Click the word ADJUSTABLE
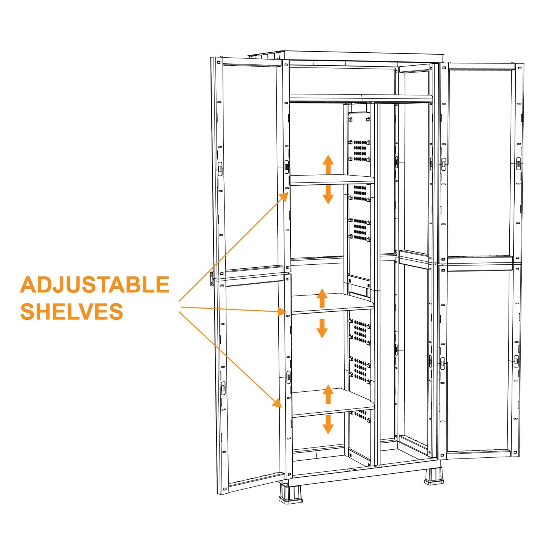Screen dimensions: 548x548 (94, 285)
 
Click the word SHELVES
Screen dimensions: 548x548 (72, 312)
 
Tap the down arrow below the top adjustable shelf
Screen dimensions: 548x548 (328, 195)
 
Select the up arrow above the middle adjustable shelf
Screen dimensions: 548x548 (322, 298)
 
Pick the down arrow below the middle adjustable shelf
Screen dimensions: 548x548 (322, 328)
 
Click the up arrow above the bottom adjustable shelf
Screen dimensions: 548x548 (328, 394)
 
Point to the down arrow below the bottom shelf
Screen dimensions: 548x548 (328, 424)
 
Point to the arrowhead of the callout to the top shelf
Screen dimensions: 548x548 (284, 196)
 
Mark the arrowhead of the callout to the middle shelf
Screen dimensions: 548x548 (281, 311)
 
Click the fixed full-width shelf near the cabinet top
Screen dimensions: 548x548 (360, 98)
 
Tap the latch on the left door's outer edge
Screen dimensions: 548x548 (212, 279)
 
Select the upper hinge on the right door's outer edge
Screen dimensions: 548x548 (518, 163)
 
